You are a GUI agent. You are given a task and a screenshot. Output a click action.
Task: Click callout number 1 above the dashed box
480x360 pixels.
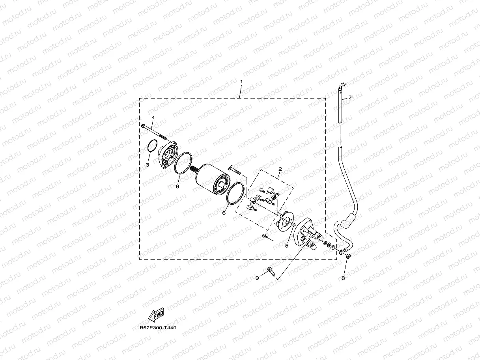241,82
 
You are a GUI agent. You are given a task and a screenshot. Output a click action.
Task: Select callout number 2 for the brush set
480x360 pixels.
280,169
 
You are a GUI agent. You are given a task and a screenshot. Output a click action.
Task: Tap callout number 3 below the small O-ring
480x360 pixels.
147,165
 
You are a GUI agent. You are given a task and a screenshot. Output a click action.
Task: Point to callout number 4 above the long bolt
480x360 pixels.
153,118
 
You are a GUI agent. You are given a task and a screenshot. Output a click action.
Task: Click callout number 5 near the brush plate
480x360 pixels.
287,245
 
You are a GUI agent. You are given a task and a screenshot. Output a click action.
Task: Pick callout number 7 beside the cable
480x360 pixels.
349,97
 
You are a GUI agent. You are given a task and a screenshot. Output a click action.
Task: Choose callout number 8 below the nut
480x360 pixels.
343,278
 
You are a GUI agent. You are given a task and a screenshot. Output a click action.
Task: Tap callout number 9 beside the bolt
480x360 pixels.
257,278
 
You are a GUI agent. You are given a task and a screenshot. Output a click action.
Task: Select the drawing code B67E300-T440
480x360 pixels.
158,328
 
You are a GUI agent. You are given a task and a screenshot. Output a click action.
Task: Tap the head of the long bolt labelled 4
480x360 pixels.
143,125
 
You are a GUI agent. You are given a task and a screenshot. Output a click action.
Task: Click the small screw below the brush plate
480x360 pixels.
265,236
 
